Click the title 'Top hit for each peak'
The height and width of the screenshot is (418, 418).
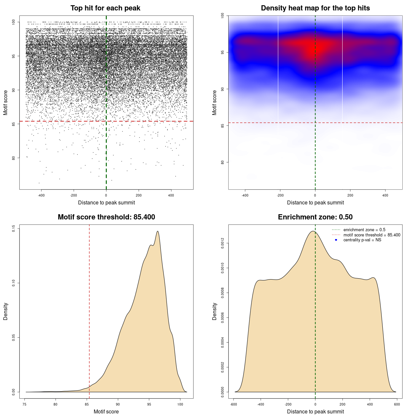coord(105,8)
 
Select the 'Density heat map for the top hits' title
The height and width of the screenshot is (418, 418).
coord(315,8)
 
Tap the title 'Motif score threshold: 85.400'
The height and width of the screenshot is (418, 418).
coord(106,217)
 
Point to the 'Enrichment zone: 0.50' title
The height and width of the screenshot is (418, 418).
coord(315,217)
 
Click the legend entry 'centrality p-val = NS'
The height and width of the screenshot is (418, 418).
coord(362,240)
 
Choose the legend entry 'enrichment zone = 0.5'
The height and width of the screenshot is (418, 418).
coord(364,230)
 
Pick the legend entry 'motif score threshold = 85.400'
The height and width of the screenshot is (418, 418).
coord(372,235)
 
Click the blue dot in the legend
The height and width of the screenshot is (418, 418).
coord(336,240)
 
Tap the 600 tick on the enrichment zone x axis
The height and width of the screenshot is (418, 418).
coord(397,404)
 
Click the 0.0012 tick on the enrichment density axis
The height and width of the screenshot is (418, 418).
coord(222,243)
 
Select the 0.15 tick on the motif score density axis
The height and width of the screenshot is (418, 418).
coord(13,229)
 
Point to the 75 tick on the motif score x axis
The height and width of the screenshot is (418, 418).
coord(25,404)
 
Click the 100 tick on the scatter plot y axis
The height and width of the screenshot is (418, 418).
coord(13,22)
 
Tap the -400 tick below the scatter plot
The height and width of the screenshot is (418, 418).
coord(41,195)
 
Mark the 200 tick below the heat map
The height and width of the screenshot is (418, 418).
coord(350,195)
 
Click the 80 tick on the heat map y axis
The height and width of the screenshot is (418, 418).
coord(222,162)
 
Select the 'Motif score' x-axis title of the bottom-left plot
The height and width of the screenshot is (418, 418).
coord(106,411)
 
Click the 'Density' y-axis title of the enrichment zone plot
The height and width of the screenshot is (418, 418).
coord(215,311)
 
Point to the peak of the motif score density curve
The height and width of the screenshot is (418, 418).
coord(158,231)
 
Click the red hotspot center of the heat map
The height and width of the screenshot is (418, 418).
coord(313,49)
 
